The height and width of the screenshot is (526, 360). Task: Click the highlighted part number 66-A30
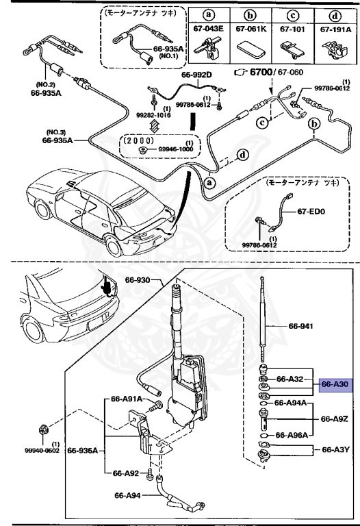335,385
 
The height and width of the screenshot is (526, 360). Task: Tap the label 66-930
138,279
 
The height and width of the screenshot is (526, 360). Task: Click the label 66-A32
290,378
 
